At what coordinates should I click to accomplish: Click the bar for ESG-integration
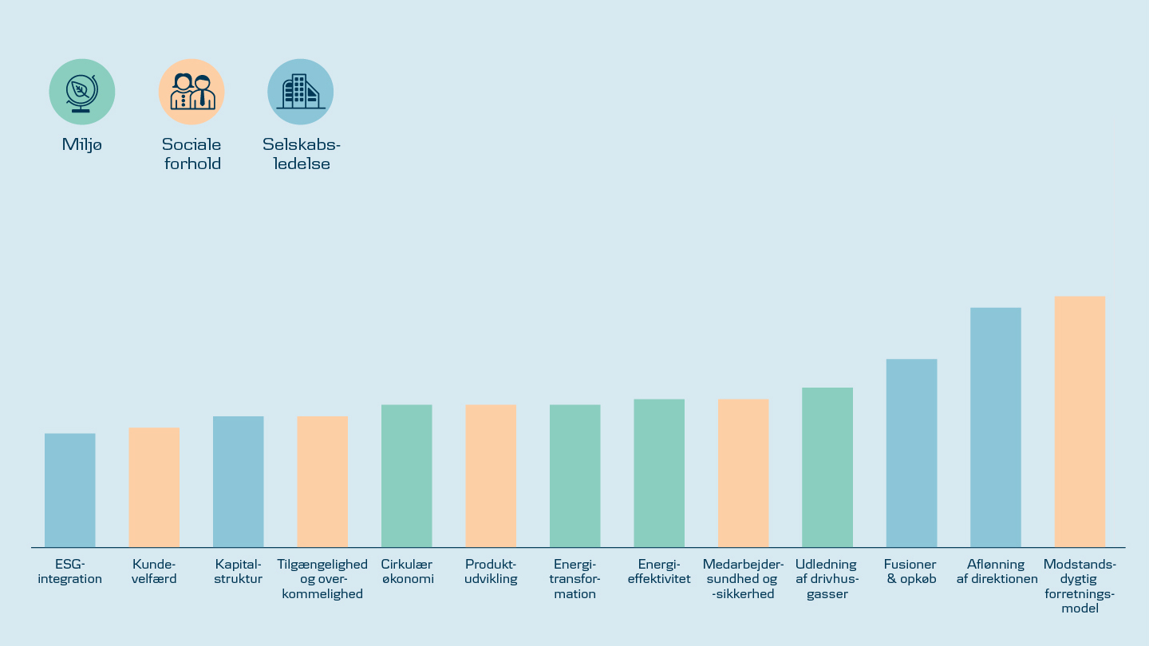pyautogui.click(x=70, y=490)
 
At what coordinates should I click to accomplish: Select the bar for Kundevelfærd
pyautogui.click(x=154, y=487)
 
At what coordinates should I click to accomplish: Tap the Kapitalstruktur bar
pyautogui.click(x=239, y=482)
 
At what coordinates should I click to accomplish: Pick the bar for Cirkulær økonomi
pyautogui.click(x=407, y=476)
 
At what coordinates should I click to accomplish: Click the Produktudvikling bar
pyautogui.click(x=491, y=476)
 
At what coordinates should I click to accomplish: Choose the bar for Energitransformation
pyautogui.click(x=575, y=476)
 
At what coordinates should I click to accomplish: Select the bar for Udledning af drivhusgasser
pyautogui.click(x=827, y=467)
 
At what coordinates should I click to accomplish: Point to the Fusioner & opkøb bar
pyautogui.click(x=912, y=453)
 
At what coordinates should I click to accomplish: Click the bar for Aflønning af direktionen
pyautogui.click(x=996, y=427)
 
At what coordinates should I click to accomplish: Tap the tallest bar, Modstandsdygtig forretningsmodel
pyautogui.click(x=1080, y=422)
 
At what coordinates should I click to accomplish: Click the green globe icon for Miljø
pyautogui.click(x=82, y=92)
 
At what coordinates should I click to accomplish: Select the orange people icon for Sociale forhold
pyautogui.click(x=191, y=92)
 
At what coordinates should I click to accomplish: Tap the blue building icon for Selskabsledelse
pyautogui.click(x=301, y=92)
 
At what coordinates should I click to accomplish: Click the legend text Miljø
pyautogui.click(x=82, y=145)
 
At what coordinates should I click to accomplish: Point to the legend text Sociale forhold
pyautogui.click(x=191, y=154)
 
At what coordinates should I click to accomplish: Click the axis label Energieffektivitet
pyautogui.click(x=659, y=572)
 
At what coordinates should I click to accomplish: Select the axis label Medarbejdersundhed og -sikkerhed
pyautogui.click(x=744, y=579)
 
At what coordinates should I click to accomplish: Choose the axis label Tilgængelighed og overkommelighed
pyautogui.click(x=322, y=579)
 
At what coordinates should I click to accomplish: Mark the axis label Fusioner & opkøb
pyautogui.click(x=910, y=572)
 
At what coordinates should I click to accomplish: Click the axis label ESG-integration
pyautogui.click(x=70, y=572)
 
